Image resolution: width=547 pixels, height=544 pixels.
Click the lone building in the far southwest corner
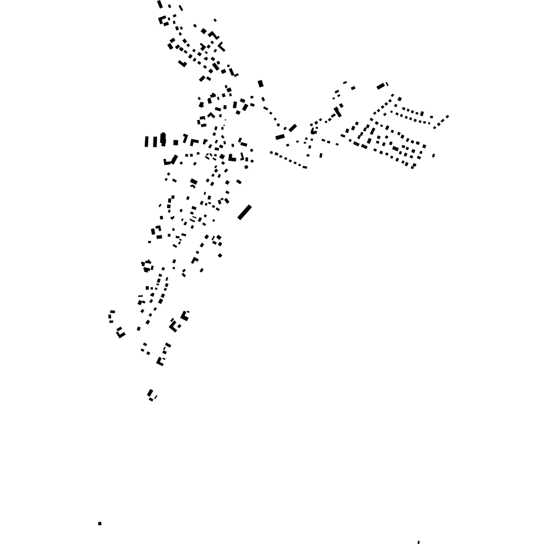click(x=100, y=523)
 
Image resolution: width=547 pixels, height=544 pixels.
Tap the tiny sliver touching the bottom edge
click(x=418, y=542)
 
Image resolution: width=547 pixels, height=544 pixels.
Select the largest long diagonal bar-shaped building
click(x=244, y=212)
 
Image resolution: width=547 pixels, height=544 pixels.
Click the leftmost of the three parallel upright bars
click(x=146, y=142)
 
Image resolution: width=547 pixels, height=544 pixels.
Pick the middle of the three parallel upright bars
click(x=155, y=142)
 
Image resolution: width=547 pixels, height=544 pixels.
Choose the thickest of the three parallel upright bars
click(x=163, y=140)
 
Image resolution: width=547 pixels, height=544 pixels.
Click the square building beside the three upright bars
click(x=175, y=142)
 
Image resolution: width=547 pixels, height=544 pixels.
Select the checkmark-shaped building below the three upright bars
click(x=171, y=161)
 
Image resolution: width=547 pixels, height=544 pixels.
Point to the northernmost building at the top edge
click(x=160, y=5)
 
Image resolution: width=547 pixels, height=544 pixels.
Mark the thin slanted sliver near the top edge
click(x=181, y=8)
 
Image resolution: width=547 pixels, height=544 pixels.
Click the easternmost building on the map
click(x=448, y=117)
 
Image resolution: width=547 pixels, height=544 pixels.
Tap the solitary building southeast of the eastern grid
click(x=433, y=155)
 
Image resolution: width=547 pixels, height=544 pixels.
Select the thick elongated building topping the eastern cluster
click(x=381, y=87)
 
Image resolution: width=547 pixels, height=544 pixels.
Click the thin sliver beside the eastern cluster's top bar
click(x=387, y=84)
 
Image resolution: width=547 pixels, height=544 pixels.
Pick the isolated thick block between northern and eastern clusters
click(x=261, y=84)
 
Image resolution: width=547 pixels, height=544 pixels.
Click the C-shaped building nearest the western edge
click(x=111, y=317)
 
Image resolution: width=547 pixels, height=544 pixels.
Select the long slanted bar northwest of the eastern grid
click(x=338, y=112)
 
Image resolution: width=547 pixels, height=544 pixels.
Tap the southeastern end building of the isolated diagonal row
click(x=305, y=167)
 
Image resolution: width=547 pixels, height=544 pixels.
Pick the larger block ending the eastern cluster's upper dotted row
click(x=422, y=114)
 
